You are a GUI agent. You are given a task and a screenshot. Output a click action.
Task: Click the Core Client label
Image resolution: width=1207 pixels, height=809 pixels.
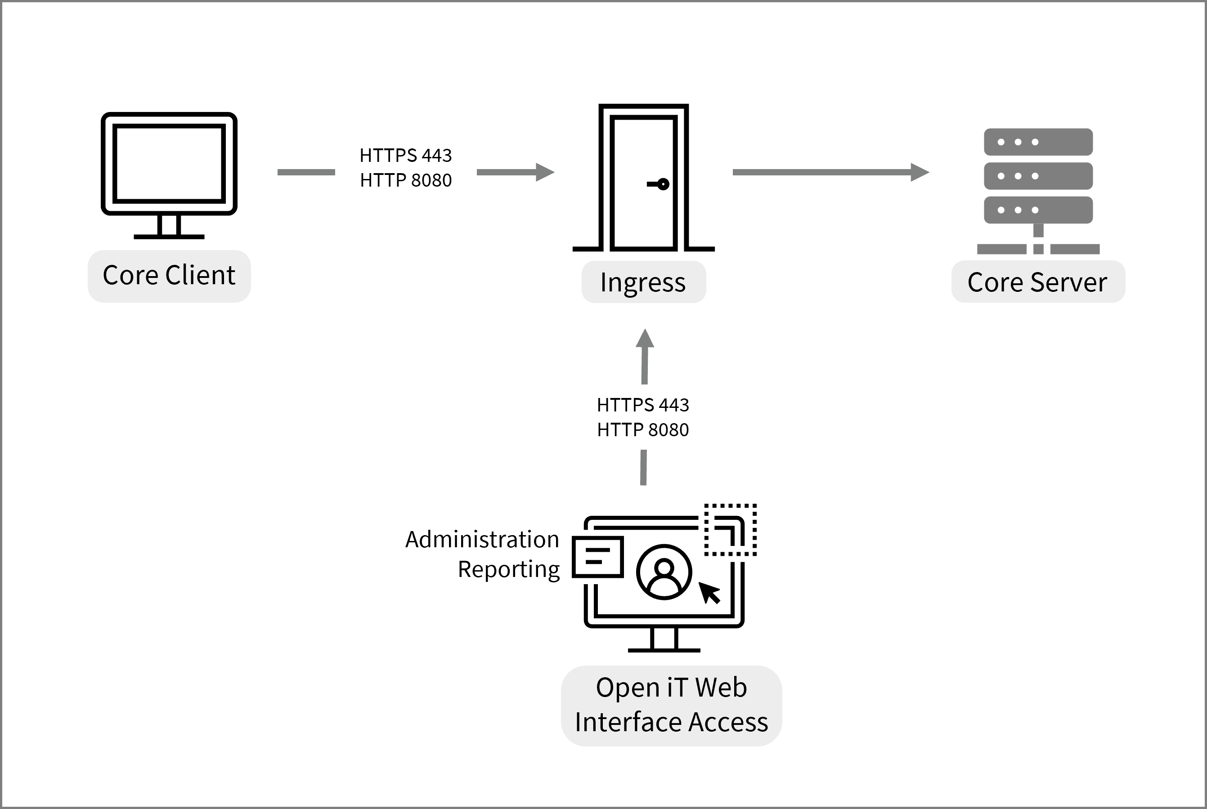(169, 276)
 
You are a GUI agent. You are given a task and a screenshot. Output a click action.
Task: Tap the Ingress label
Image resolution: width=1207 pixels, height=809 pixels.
(643, 282)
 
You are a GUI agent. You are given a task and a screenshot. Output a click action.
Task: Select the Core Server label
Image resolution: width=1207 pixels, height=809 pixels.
(1037, 282)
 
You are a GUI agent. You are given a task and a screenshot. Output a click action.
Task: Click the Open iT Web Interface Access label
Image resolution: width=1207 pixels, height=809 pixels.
(671, 705)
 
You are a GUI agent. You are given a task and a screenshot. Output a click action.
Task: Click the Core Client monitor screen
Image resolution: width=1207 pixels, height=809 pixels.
(169, 163)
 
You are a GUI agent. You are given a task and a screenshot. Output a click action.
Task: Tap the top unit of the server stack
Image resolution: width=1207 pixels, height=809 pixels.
(1038, 142)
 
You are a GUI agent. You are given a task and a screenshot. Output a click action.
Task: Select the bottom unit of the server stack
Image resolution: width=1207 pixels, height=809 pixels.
(1038, 210)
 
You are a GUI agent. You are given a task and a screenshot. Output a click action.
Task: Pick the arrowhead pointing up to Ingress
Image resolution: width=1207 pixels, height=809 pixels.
(645, 339)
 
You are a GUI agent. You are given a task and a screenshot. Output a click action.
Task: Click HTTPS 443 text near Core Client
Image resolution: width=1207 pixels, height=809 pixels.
(406, 155)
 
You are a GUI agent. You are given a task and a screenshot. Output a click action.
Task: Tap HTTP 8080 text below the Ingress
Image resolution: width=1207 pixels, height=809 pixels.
(642, 430)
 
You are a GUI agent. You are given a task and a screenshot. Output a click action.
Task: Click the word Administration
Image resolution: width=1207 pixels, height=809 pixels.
(482, 540)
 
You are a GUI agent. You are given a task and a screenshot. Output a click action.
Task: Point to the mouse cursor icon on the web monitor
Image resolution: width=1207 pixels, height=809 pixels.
(709, 592)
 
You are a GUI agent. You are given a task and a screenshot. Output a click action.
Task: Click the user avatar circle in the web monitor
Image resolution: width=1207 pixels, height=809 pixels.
(664, 572)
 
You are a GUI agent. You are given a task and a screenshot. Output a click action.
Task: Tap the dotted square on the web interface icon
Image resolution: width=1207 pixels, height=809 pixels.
(730, 530)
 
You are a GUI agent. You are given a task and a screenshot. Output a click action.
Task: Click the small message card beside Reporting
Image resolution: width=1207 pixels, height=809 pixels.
(597, 557)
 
